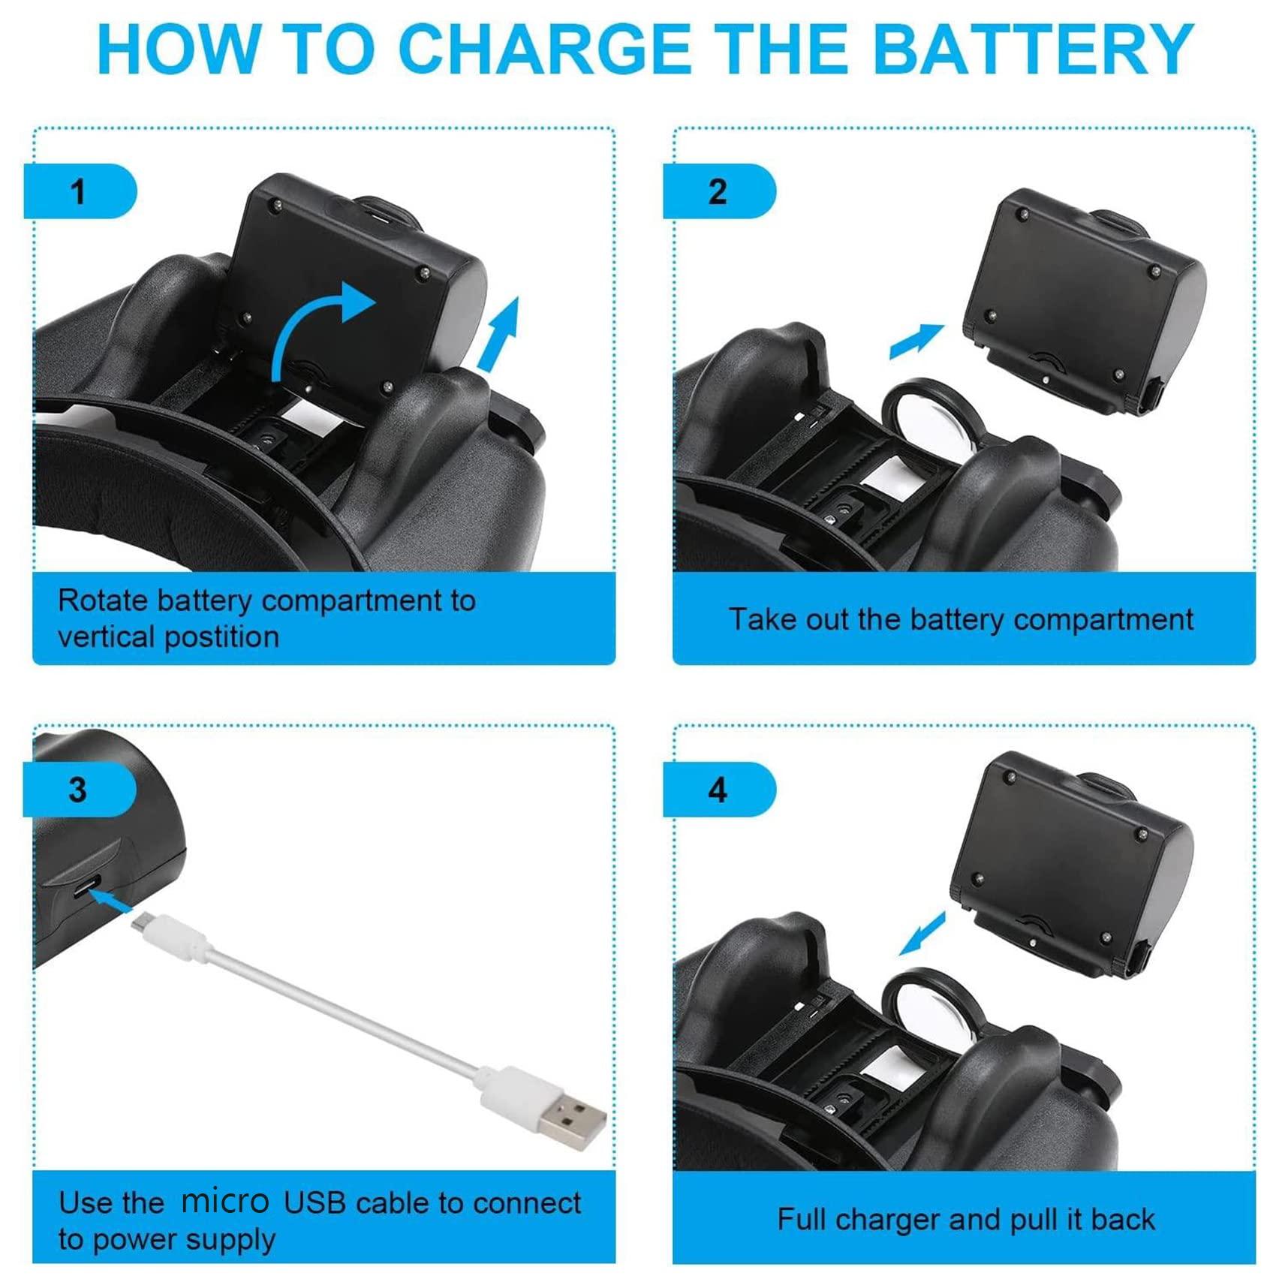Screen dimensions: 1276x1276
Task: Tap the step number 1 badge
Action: [80, 191]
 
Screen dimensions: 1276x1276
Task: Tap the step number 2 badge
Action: [719, 191]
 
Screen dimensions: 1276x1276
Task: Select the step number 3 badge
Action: [80, 790]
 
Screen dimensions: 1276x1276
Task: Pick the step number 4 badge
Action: [719, 790]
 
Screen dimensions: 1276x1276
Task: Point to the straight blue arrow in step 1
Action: [499, 333]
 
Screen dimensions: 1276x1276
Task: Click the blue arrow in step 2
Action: [916, 341]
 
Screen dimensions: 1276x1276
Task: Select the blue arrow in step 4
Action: [922, 934]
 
